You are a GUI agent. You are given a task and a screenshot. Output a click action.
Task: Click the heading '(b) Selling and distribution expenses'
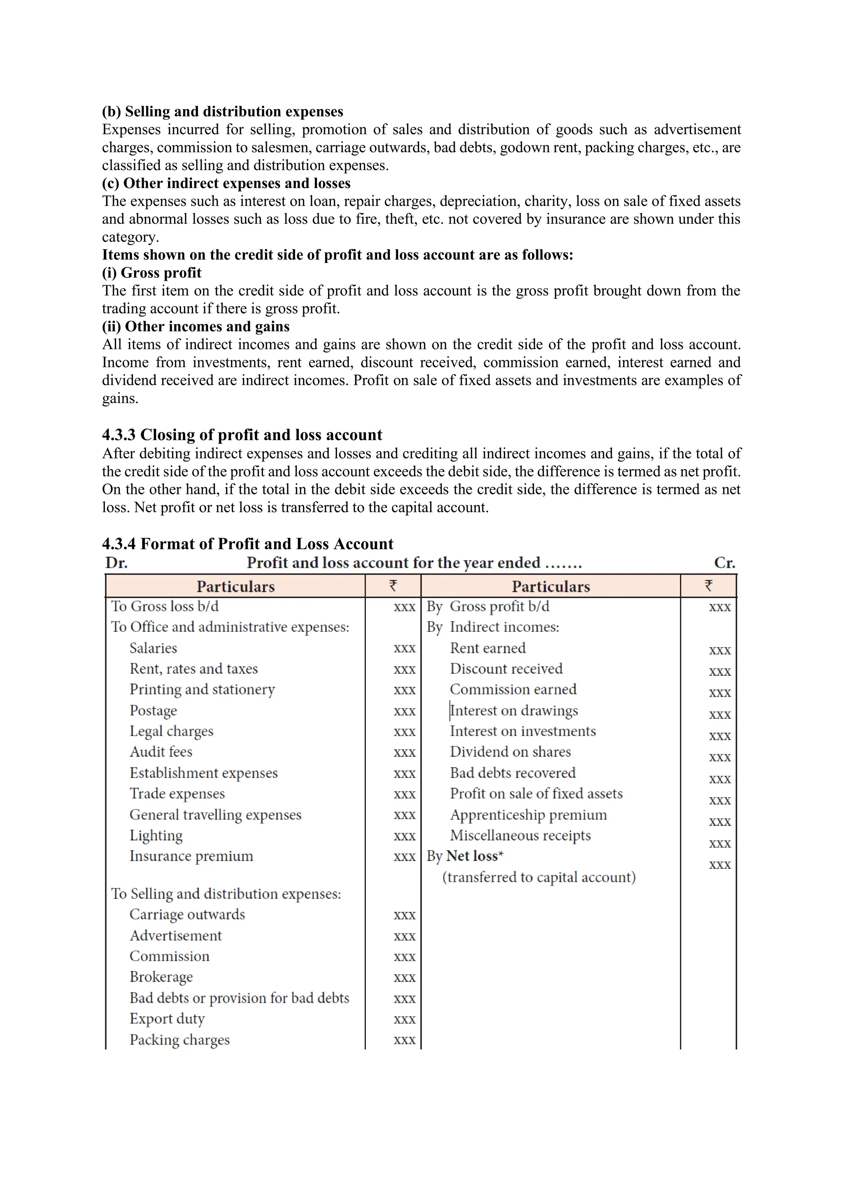(x=222, y=112)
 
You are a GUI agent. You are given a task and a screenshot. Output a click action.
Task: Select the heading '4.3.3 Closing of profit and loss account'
(x=242, y=435)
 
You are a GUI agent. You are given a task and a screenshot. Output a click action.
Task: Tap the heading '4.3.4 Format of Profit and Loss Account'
(x=248, y=544)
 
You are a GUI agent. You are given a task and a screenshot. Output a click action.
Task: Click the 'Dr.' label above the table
(x=116, y=563)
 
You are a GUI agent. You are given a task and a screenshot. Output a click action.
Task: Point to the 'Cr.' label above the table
(x=724, y=563)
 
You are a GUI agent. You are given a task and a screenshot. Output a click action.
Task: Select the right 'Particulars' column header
(x=551, y=587)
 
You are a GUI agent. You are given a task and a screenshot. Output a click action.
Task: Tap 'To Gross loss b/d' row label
(x=165, y=606)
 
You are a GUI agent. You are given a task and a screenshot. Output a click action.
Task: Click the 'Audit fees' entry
(x=161, y=752)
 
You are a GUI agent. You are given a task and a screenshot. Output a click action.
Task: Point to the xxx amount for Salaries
(x=404, y=648)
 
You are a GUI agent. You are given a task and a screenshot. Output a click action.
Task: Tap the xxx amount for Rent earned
(x=720, y=650)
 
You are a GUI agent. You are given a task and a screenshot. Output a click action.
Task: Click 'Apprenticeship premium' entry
(x=529, y=815)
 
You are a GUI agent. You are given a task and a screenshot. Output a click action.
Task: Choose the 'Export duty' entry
(x=167, y=1019)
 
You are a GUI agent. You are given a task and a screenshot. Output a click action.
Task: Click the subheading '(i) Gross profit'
(x=151, y=272)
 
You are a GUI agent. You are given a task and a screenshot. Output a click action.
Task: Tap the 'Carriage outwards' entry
(x=187, y=914)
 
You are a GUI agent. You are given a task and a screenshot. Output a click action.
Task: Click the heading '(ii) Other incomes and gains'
(x=196, y=326)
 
